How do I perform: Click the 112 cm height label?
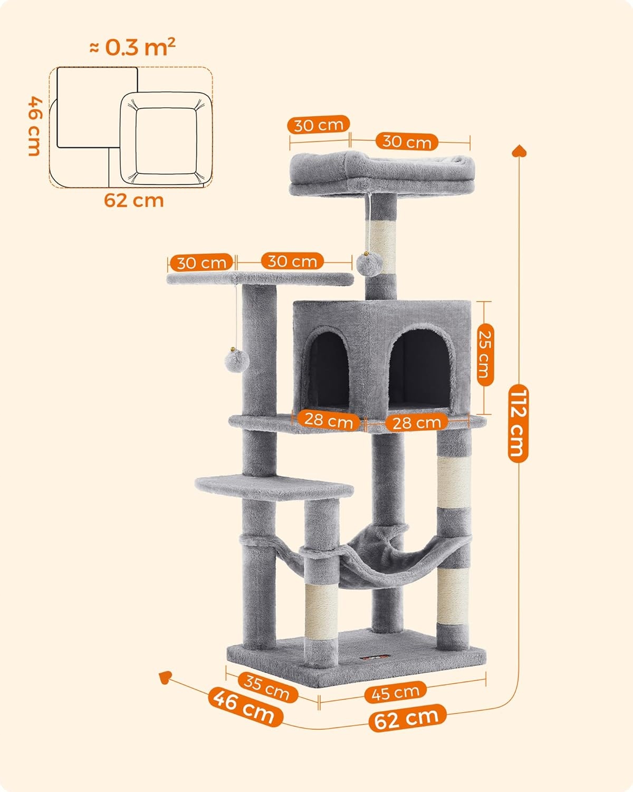518,423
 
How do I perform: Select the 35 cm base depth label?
267,687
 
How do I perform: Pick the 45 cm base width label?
396,692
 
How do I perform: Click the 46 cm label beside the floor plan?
35,126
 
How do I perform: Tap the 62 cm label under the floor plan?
134,201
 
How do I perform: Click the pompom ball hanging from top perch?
369,264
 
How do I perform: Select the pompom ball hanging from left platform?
237,360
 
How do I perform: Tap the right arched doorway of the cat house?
419,369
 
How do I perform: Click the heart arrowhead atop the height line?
519,151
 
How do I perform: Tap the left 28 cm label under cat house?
329,421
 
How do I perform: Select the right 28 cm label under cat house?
416,423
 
